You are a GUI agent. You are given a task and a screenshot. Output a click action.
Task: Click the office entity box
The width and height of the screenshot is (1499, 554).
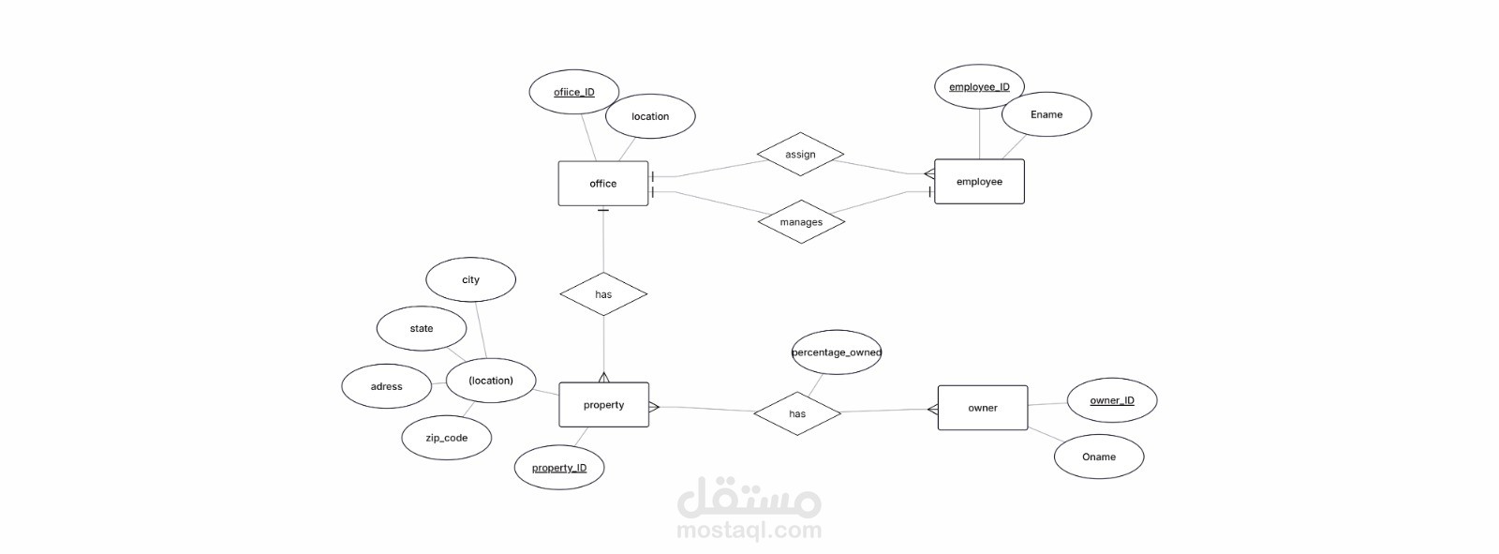point(602,184)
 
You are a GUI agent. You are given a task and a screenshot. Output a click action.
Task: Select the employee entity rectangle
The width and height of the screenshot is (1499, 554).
point(979,182)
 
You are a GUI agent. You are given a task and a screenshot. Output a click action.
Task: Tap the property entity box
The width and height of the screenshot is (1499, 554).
point(603,405)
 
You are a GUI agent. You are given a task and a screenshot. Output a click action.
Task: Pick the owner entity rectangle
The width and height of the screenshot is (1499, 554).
point(983,408)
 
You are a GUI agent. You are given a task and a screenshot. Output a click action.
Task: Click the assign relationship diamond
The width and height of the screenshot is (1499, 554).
point(800,155)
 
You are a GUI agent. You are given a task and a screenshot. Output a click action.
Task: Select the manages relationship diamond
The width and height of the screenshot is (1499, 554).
point(801,222)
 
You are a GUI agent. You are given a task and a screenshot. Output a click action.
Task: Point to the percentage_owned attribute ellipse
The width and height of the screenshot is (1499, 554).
point(837,352)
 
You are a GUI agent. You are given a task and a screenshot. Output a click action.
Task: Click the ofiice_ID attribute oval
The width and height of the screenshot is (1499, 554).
point(574,92)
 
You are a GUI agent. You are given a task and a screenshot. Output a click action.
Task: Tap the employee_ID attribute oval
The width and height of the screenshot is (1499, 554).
point(979,87)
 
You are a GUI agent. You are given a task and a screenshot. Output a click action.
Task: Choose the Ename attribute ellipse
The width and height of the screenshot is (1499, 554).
point(1046,114)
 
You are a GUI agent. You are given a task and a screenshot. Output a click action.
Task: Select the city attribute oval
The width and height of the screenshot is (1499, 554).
point(470,279)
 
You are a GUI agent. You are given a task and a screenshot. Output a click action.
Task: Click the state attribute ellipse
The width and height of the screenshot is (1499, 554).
point(422,328)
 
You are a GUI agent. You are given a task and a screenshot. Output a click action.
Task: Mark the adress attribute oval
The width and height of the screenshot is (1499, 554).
point(386,386)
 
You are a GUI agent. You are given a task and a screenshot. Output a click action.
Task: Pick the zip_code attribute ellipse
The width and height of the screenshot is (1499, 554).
point(446,438)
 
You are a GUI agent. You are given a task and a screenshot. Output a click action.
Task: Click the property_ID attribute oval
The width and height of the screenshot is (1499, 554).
point(559,468)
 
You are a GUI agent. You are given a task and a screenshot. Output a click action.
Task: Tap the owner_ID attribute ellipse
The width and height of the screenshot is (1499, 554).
point(1112,400)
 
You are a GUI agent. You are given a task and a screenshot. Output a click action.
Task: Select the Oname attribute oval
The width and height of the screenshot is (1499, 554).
point(1099,457)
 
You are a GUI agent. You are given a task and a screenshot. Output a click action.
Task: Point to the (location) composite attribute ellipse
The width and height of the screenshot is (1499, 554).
point(491,381)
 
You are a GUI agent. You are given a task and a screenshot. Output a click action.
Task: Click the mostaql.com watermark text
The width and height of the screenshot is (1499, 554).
point(749,531)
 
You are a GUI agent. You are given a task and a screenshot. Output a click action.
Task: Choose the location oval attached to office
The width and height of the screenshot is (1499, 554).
point(650,116)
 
